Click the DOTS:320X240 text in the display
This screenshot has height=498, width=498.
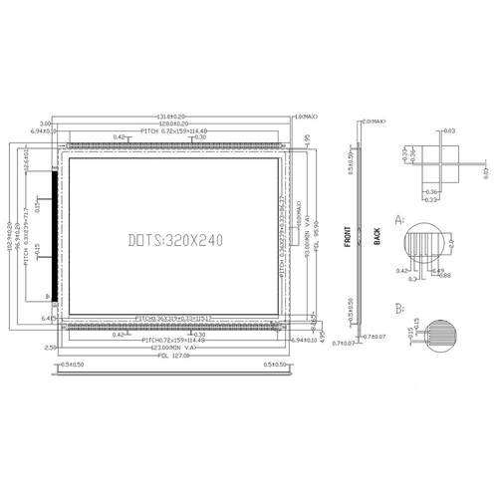pyautogui.click(x=176, y=239)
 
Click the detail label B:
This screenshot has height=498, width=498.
pyautogui.click(x=400, y=309)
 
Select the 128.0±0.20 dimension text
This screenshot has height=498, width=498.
pyautogui.click(x=175, y=124)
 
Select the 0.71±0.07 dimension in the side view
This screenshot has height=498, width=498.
pyautogui.click(x=346, y=343)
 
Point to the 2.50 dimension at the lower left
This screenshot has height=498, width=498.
pyautogui.click(x=51, y=348)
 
